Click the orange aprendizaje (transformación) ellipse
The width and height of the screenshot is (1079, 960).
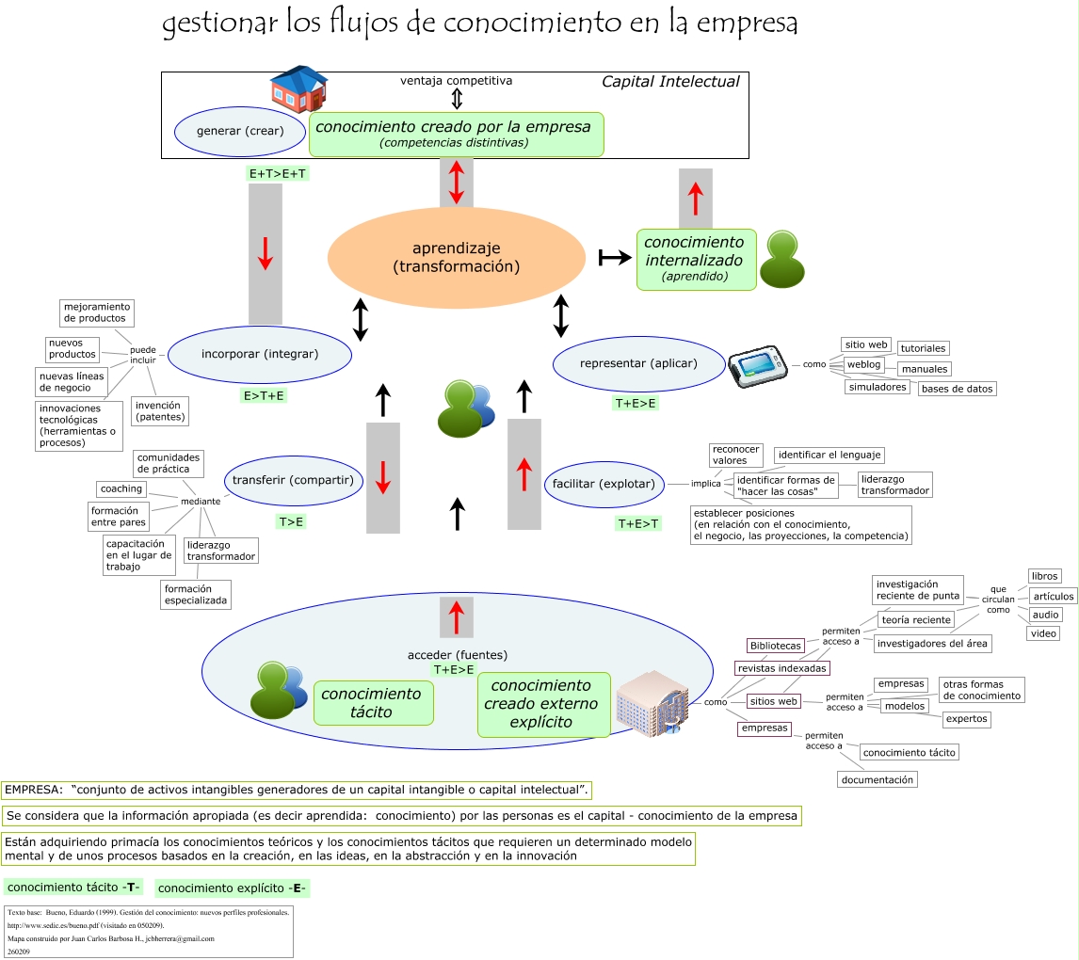tap(457, 258)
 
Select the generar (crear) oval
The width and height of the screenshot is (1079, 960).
tap(240, 131)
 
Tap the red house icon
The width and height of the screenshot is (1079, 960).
tap(298, 89)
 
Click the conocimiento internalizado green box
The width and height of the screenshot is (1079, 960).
tap(696, 259)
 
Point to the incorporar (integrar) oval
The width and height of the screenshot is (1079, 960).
tap(260, 355)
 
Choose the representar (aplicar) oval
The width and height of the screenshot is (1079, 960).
tap(638, 363)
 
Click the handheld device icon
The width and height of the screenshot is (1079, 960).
tap(756, 365)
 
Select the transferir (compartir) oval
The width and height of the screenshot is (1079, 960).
tap(293, 480)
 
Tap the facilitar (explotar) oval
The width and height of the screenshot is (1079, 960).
tap(604, 484)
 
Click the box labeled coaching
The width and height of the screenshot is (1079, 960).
tap(121, 488)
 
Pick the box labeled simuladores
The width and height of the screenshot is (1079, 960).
tap(877, 387)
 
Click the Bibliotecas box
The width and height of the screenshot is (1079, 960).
tap(776, 646)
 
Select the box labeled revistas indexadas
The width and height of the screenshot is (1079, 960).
tap(782, 668)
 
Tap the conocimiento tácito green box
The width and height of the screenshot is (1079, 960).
tap(373, 703)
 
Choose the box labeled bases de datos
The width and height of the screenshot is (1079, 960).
tap(957, 389)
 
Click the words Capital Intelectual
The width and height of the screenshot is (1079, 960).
tap(670, 82)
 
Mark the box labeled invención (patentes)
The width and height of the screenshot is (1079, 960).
tap(160, 409)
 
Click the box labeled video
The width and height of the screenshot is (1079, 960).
tap(1043, 633)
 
